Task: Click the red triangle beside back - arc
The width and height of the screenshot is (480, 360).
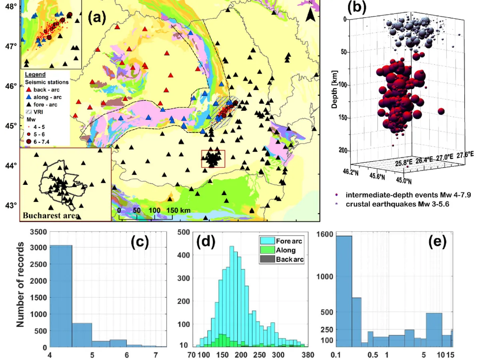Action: [28, 90]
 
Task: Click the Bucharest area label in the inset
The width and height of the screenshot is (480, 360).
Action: [50, 216]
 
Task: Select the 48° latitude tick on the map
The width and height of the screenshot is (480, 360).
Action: [11, 7]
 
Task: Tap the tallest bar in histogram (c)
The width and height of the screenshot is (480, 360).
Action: [61, 296]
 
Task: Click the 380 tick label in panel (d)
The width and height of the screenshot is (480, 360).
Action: [308, 354]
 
